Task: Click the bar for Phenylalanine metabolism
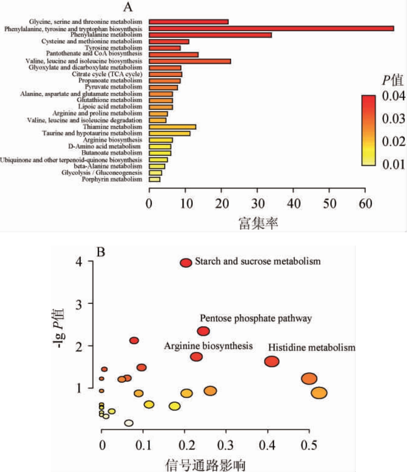pos(210,35)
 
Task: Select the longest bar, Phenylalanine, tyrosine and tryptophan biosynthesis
pos(271,28)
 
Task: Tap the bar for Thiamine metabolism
pos(172,127)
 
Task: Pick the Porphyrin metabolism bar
pos(155,179)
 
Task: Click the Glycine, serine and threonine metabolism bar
pos(189,22)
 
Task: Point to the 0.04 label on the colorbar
pos(394,96)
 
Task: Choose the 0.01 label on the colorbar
pos(394,164)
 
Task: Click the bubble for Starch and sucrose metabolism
pos(186,263)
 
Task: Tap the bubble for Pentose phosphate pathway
pos(203,331)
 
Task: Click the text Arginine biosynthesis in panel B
pos(209,346)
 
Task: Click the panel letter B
pos(101,252)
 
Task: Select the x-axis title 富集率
pos(258,222)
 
